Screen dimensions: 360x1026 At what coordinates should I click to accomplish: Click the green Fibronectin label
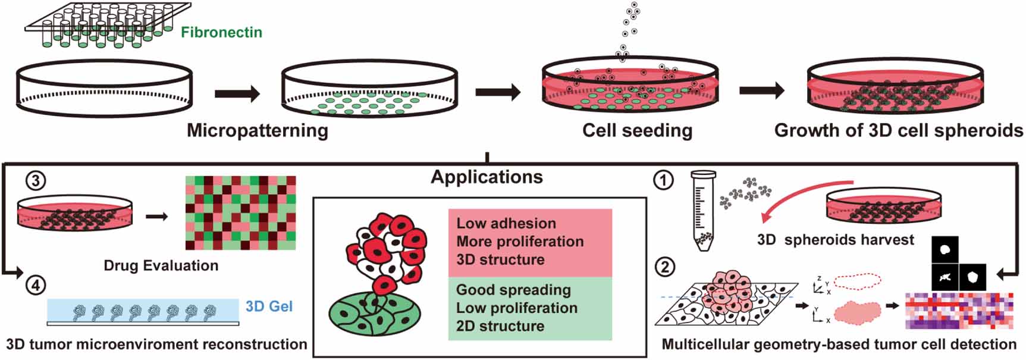coord(221,32)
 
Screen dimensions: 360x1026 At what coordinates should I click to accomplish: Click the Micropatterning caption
coord(257,130)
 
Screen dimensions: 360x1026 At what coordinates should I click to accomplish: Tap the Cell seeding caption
coord(637,130)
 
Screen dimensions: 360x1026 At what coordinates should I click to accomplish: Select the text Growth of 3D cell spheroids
coord(898,130)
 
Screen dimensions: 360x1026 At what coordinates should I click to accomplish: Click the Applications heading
coord(487,177)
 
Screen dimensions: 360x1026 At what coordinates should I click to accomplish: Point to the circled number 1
coord(664,180)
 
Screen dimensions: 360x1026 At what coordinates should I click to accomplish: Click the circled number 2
coord(664,266)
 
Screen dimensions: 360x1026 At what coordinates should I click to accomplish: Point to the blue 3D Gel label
coord(269,306)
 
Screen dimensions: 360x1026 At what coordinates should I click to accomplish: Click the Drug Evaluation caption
coord(161,265)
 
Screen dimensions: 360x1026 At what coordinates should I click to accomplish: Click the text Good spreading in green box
coord(513,290)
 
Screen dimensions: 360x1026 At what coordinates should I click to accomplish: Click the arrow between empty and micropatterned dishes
coord(237,93)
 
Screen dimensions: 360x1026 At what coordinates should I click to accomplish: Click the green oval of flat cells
coord(375,312)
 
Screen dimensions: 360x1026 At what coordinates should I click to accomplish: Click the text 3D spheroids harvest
coord(835,240)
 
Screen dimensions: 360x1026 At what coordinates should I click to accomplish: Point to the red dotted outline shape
coord(856,282)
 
